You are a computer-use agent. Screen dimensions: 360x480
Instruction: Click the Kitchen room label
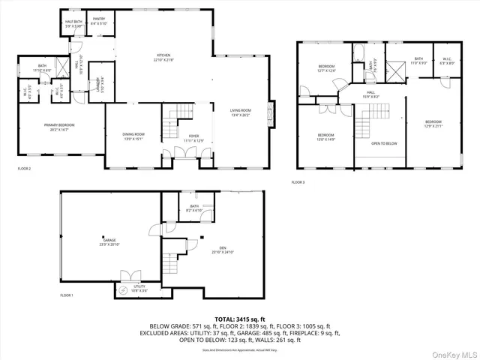(163, 58)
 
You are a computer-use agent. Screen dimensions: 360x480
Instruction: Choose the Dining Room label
(132, 136)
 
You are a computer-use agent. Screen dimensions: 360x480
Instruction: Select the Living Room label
(240, 113)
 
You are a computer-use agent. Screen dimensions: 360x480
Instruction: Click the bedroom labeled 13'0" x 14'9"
(325, 137)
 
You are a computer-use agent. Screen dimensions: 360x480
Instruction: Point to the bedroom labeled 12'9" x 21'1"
(433, 124)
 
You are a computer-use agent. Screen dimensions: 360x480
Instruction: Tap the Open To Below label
(384, 142)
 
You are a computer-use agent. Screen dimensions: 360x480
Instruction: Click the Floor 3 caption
(298, 182)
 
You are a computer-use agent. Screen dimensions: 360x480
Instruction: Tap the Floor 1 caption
(67, 295)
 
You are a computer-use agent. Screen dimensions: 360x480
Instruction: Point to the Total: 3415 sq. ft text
(239, 319)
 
